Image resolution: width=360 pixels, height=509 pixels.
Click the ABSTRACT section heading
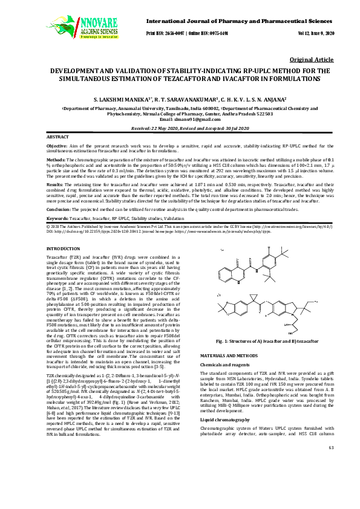click(x=58, y=138)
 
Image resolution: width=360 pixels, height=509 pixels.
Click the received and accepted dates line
click(x=180, y=128)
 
